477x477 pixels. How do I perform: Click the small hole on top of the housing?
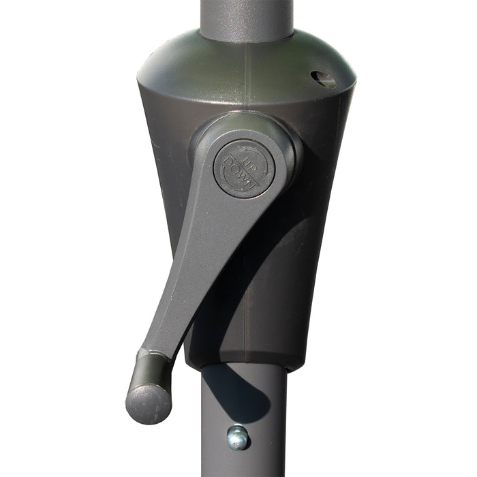pyautogui.click(x=324, y=80)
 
